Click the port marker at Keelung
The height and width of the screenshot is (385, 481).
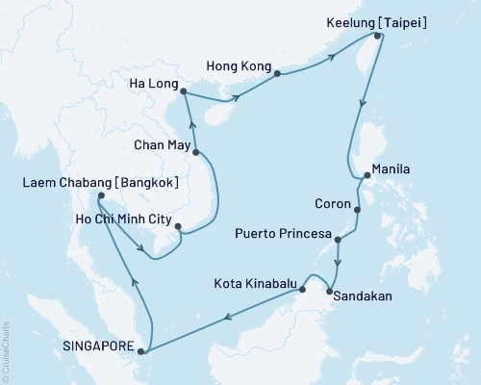378,37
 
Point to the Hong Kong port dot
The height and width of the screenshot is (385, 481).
277,73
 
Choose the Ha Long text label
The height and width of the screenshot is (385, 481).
151,82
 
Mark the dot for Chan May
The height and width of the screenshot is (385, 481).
196,152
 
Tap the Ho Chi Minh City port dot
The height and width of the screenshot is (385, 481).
177,228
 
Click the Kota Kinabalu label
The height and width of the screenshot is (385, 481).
257,284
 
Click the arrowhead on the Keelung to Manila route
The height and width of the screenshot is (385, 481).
362,108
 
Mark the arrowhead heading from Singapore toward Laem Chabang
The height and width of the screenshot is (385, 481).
134,282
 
